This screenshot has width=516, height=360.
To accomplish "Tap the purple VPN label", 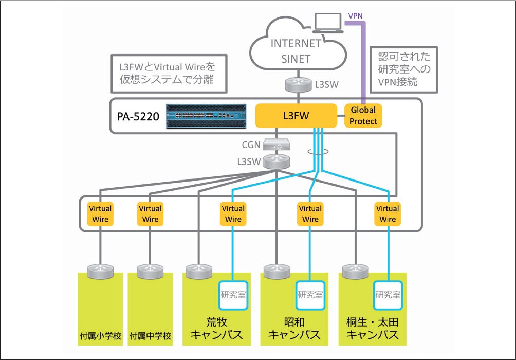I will pyautogui.click(x=356, y=15).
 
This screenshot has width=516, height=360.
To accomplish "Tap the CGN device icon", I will pyautogui.click(x=277, y=145).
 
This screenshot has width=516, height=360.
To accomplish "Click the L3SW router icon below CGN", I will pyautogui.click(x=277, y=161).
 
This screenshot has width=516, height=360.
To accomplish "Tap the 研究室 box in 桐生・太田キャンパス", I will pyautogui.click(x=388, y=295).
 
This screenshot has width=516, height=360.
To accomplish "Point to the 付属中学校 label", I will pyautogui.click(x=150, y=337).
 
